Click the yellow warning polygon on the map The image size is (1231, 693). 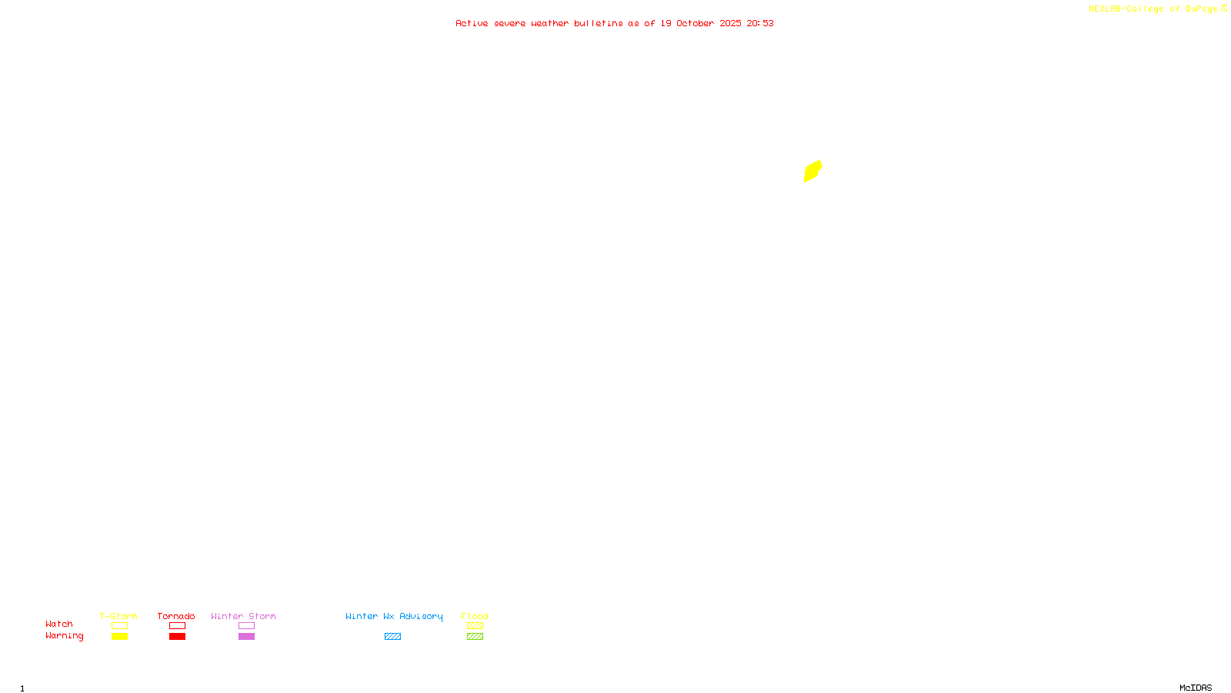[812, 171]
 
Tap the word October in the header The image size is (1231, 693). [695, 23]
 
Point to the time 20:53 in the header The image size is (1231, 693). [760, 23]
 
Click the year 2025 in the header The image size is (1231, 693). [730, 23]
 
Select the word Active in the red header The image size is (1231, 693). [471, 23]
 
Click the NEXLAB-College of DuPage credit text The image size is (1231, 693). [1153, 9]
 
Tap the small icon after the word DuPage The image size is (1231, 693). [1224, 8]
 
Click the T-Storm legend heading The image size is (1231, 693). [118, 616]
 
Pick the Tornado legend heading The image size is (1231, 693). [176, 616]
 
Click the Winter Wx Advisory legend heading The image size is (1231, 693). [394, 616]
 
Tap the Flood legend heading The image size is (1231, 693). [475, 616]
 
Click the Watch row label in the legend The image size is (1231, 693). [59, 624]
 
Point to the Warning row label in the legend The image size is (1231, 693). [64, 636]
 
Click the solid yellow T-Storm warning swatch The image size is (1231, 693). [119, 637]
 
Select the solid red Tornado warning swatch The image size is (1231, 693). [177, 637]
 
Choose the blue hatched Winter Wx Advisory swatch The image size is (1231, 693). [392, 637]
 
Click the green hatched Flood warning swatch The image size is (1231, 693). [475, 637]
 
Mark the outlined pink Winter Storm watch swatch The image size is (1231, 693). [246, 626]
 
